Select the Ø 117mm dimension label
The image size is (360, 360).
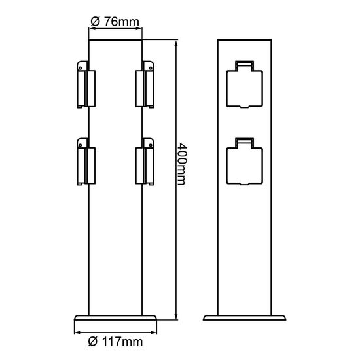coord(115,340)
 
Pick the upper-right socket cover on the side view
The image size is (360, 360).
coord(145,84)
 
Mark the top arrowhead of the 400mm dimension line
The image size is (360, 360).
coord(177,45)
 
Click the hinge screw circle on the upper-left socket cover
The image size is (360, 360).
coord(81,65)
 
